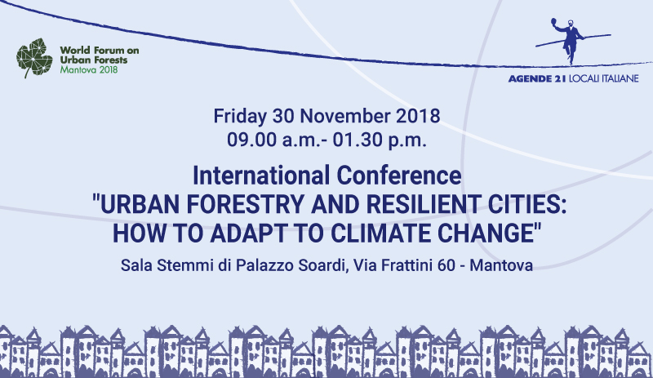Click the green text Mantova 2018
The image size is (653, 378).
tap(87, 70)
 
